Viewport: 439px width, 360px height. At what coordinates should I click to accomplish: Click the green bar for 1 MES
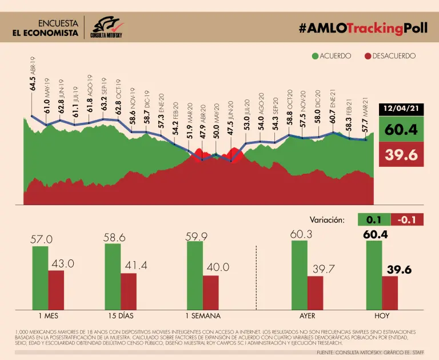[x=40, y=277]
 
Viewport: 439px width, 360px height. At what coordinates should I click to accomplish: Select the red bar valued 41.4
[x=129, y=291]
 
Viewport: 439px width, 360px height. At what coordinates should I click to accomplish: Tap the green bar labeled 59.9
[x=194, y=275]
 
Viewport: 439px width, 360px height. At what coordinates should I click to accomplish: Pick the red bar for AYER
[x=316, y=292]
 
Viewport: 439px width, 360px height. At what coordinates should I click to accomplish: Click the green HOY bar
[x=374, y=274]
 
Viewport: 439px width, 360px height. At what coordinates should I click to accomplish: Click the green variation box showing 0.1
[x=373, y=219]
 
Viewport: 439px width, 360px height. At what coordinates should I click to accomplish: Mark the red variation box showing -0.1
[x=407, y=219]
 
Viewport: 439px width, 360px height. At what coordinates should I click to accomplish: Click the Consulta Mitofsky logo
[x=107, y=26]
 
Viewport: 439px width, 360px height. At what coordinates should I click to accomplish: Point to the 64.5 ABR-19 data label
[x=33, y=74]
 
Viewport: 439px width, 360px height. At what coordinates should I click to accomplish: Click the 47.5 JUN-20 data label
[x=230, y=118]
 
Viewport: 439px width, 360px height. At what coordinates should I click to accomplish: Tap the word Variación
[x=327, y=219]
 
